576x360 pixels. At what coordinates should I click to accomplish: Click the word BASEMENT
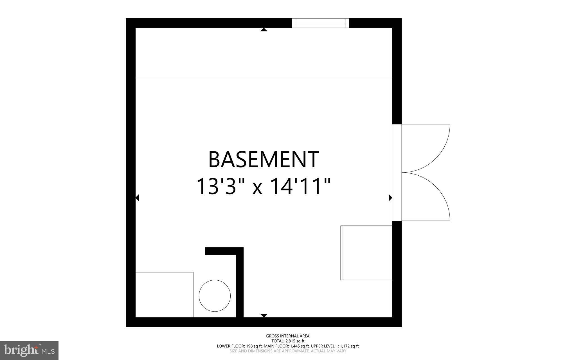point(264,159)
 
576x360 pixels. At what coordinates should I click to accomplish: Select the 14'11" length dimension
point(300,186)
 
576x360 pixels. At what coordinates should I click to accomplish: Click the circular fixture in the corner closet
point(215,296)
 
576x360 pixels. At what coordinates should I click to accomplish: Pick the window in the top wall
point(320,23)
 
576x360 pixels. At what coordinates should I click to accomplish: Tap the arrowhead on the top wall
point(264,30)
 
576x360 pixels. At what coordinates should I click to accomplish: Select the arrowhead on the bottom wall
point(264,316)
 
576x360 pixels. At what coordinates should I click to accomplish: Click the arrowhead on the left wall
point(137,198)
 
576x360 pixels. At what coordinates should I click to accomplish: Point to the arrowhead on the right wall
point(390,198)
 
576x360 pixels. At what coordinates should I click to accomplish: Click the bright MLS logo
point(29,350)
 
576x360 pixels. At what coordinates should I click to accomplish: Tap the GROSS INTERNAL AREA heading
point(288,336)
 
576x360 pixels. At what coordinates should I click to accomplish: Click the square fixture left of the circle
point(164,294)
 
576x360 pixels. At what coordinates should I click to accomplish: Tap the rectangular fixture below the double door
point(366,253)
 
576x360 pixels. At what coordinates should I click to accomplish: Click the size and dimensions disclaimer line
point(288,351)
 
